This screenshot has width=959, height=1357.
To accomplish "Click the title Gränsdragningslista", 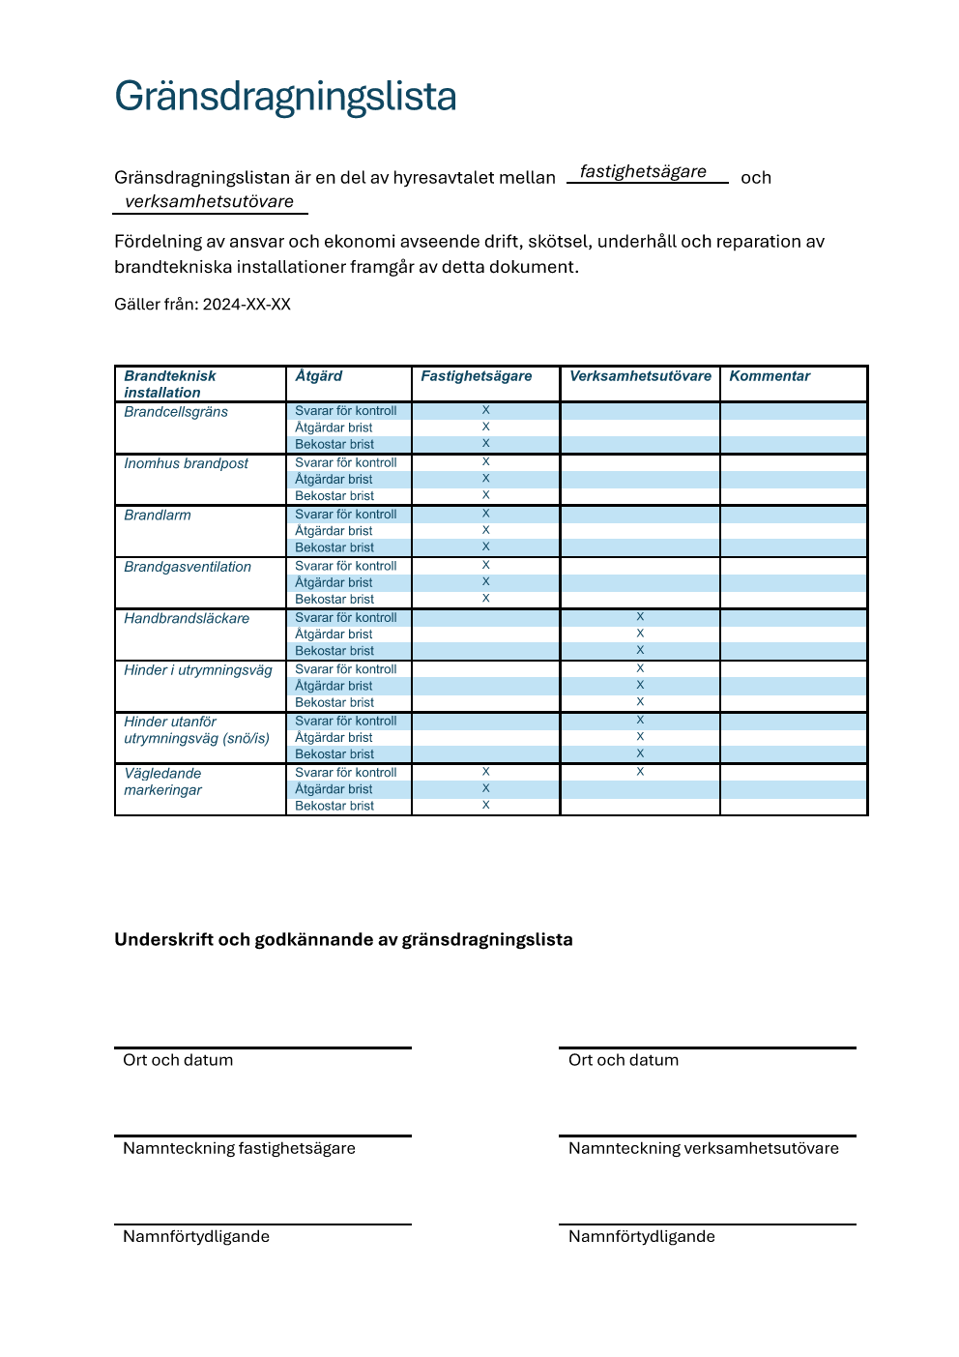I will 285,97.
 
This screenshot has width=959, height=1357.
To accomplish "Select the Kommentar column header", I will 770,376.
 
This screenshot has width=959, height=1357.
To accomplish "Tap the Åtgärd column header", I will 319,376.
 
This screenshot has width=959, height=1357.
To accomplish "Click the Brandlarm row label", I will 158,516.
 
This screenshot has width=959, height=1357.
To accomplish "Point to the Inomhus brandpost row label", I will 186,463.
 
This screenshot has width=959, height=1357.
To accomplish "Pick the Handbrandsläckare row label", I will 187,619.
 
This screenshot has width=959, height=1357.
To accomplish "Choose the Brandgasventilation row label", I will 188,567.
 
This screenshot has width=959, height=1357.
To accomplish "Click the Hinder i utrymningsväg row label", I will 198,670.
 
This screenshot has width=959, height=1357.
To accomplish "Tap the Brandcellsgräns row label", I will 176,412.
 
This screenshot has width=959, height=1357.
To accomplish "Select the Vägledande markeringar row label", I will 163,782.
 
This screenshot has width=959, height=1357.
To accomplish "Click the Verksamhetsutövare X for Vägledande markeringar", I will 640,772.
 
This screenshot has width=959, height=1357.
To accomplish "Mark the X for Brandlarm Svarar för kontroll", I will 486,514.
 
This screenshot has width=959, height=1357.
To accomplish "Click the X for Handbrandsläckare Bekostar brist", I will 640,650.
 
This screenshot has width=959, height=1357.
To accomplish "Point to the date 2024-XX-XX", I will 247,305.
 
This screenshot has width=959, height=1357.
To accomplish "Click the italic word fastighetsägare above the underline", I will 643,171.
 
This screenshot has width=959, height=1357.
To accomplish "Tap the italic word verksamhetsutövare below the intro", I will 209,201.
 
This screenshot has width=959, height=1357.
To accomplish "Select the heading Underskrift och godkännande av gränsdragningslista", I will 343,940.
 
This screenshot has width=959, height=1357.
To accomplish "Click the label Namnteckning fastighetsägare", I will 239,1148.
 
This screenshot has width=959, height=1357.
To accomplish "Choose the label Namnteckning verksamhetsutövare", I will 703,1148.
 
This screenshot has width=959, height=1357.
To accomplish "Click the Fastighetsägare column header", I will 477,376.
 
